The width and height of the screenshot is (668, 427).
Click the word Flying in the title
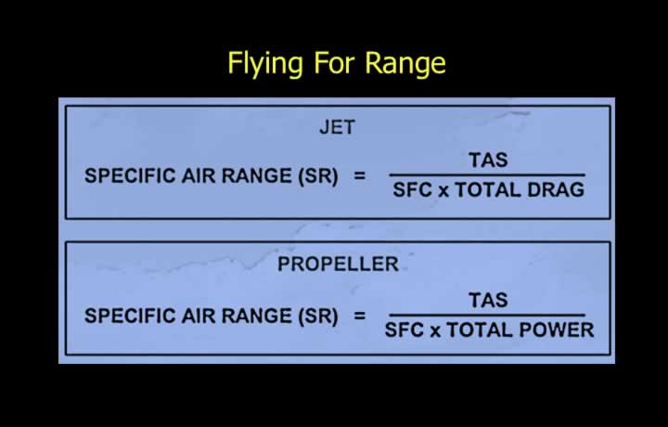(x=265, y=64)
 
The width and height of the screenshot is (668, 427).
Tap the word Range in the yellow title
(x=405, y=62)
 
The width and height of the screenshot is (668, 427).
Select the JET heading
(x=337, y=127)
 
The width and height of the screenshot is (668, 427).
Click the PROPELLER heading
(x=338, y=264)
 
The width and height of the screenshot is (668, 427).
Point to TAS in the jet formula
(x=488, y=161)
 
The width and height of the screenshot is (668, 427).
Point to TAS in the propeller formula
(x=488, y=300)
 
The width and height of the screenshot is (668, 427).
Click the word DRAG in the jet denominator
(x=556, y=189)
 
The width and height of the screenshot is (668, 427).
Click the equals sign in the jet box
(x=360, y=175)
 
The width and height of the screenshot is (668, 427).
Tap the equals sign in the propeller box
(x=360, y=316)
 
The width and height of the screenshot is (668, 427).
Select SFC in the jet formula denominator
(x=412, y=189)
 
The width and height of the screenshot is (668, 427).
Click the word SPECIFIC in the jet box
(x=130, y=175)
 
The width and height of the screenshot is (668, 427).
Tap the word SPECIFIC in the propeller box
(x=130, y=316)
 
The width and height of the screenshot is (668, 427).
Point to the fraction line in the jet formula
(x=487, y=175)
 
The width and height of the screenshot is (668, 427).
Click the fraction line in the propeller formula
(x=487, y=315)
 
